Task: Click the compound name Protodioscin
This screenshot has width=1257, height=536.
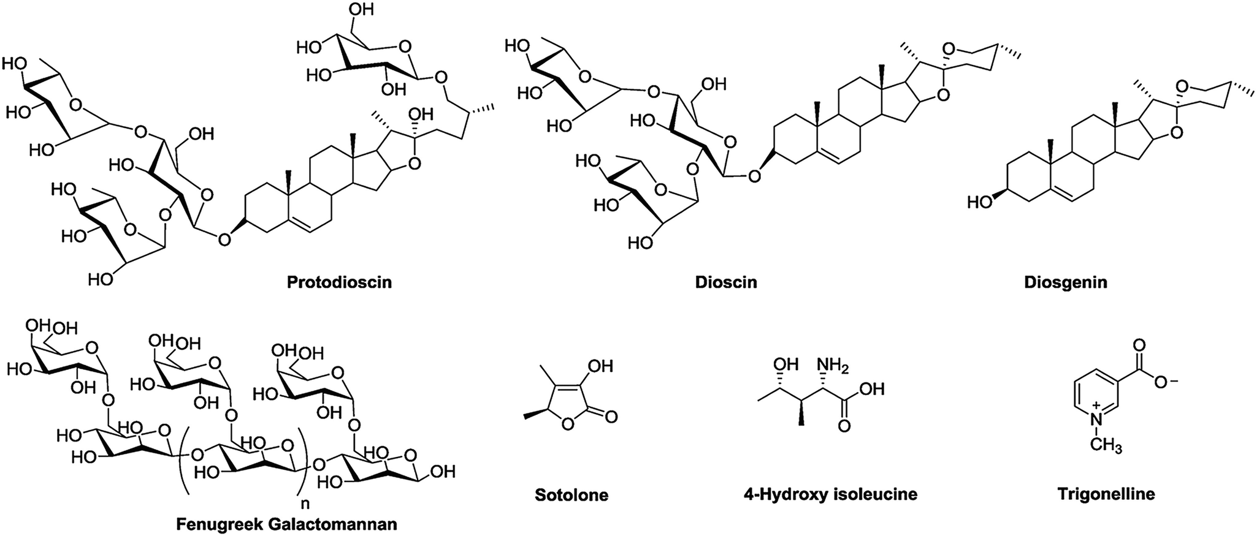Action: point(339,282)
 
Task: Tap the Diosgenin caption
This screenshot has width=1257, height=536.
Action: point(1065,282)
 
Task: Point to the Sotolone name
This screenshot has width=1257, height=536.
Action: point(571,494)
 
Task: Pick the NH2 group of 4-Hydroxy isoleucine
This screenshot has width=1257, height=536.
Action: point(831,366)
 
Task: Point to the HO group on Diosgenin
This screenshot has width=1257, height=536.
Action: point(980,202)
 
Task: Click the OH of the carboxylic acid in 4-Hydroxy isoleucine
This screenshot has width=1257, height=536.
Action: point(872,389)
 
